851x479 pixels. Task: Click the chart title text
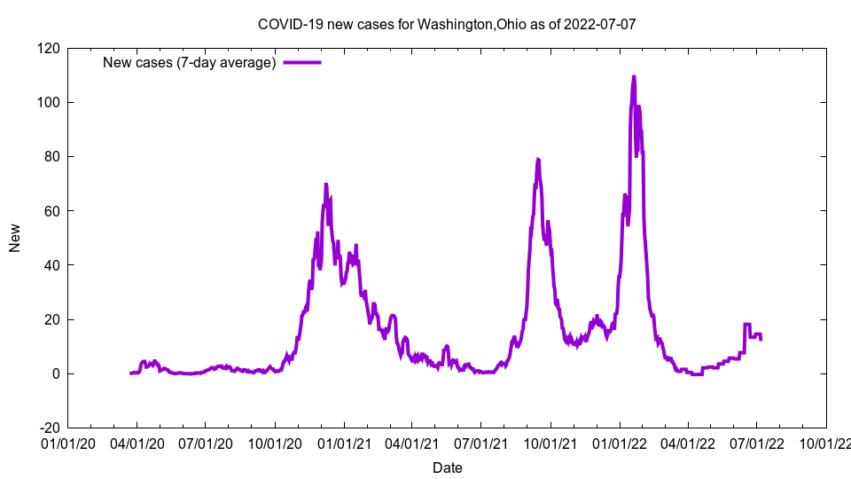(446, 24)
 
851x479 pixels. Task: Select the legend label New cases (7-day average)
(190, 62)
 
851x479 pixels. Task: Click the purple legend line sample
(301, 62)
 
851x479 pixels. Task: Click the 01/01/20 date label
(67, 443)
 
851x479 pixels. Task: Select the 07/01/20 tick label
(205, 443)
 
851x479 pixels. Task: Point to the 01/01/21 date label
(343, 443)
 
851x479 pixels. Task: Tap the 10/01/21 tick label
(550, 443)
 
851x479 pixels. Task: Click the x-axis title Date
(447, 467)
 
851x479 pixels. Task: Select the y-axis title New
(15, 238)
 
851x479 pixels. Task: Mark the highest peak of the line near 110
(634, 76)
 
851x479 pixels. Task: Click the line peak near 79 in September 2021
(537, 160)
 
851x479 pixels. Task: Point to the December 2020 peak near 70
(325, 185)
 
